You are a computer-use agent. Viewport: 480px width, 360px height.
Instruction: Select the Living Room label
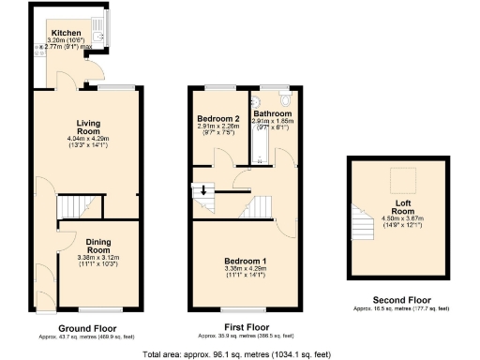pyautogui.click(x=88, y=127)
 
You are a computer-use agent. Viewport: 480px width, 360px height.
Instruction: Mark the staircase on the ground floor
pyautogui.click(x=78, y=206)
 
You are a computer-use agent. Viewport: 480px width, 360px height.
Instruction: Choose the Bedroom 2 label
pyautogui.click(x=217, y=120)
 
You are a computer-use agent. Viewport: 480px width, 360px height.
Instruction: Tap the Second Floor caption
pyautogui.click(x=401, y=300)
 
